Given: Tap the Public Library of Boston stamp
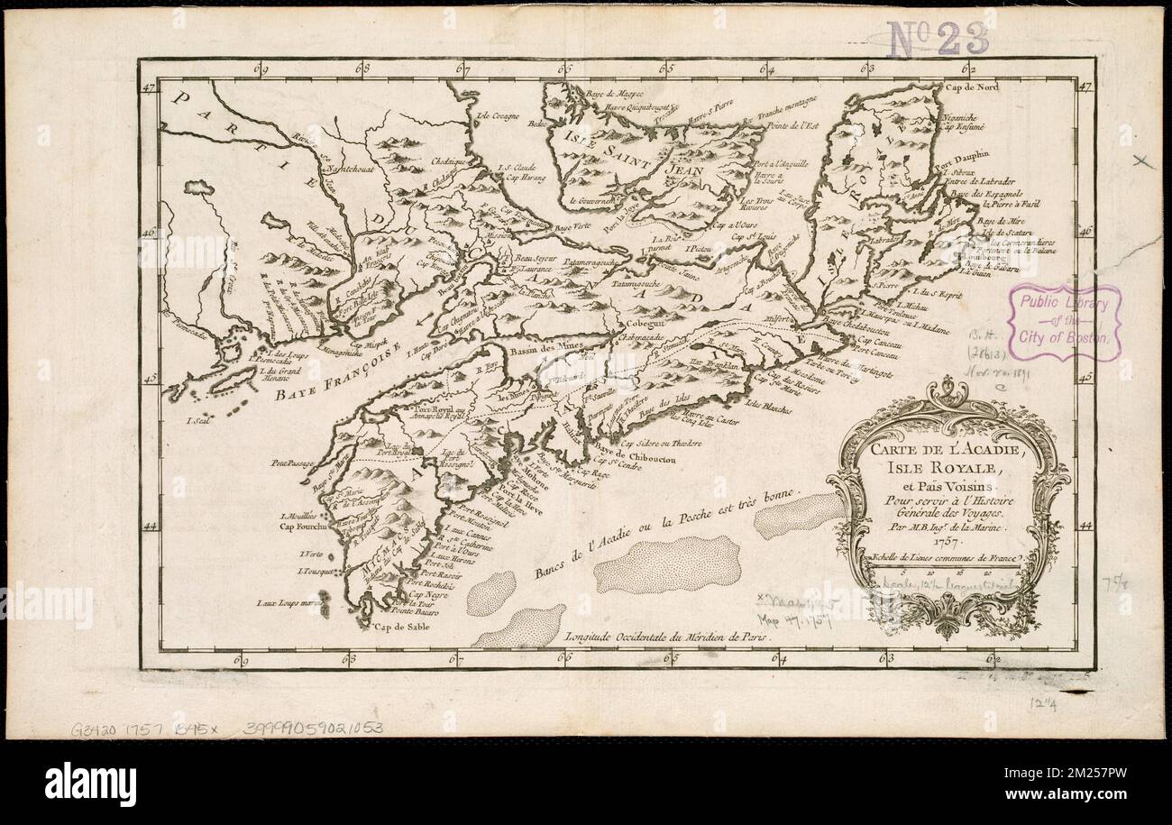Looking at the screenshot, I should click(1064, 323).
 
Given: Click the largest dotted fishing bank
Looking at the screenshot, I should click(667, 564).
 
